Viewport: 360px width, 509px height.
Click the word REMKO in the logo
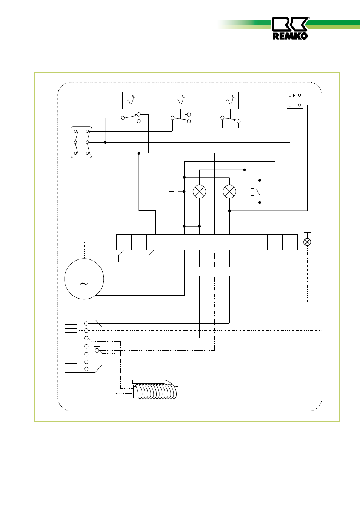pyautogui.click(x=290, y=36)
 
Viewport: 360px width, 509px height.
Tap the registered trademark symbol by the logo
pyautogui.click(x=309, y=18)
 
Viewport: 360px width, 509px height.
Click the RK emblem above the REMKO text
pyautogui.click(x=290, y=24)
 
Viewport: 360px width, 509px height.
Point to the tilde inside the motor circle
pyautogui.click(x=84, y=283)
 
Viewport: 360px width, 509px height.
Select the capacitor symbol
pyautogui.click(x=176, y=192)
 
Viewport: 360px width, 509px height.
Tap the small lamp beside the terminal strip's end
pyautogui.click(x=307, y=242)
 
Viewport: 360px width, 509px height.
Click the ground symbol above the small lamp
pyautogui.click(x=307, y=230)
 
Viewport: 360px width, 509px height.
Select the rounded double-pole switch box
pyautogui.click(x=82, y=142)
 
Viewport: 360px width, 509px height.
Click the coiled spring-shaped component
pyautogui.click(x=155, y=390)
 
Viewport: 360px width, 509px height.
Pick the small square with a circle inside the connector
pyautogui.click(x=97, y=351)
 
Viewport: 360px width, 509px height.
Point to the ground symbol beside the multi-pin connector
pyautogui.click(x=81, y=331)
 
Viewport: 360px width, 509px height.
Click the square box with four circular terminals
pyautogui.click(x=295, y=100)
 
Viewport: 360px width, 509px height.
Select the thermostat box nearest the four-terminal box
pyautogui.click(x=230, y=101)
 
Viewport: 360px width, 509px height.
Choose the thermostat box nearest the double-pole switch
pyautogui.click(x=131, y=101)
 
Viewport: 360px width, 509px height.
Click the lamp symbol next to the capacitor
pyautogui.click(x=199, y=192)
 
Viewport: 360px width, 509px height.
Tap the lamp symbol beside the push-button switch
pyautogui.click(x=229, y=192)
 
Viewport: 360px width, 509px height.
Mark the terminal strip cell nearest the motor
pyautogui.click(x=124, y=242)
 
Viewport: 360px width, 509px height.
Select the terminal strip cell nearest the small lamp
pyautogui.click(x=290, y=242)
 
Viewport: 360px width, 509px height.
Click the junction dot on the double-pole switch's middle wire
pyautogui.click(x=105, y=142)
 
